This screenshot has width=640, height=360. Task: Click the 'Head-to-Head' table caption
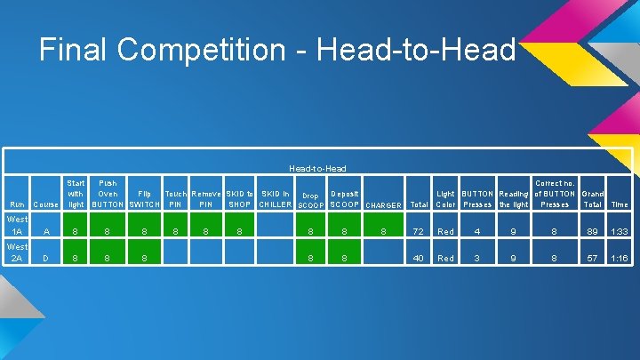317,168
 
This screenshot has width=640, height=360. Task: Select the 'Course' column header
45,204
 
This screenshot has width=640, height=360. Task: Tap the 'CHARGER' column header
383,205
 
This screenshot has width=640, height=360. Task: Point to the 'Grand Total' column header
592,198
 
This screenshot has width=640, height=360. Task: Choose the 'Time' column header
620,204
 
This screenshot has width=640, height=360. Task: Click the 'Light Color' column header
445,198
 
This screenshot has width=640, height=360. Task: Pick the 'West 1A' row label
16,225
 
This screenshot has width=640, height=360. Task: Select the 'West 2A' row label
16,252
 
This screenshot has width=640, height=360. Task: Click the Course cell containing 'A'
45,231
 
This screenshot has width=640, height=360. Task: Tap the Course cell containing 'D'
45,259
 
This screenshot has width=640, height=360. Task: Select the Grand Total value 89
592,231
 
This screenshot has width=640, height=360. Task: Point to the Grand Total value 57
592,259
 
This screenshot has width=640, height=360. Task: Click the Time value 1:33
620,231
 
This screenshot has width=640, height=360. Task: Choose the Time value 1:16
620,259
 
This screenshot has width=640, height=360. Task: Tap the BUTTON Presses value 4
477,231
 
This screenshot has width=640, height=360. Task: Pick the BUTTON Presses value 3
477,259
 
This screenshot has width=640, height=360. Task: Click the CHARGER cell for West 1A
383,231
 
